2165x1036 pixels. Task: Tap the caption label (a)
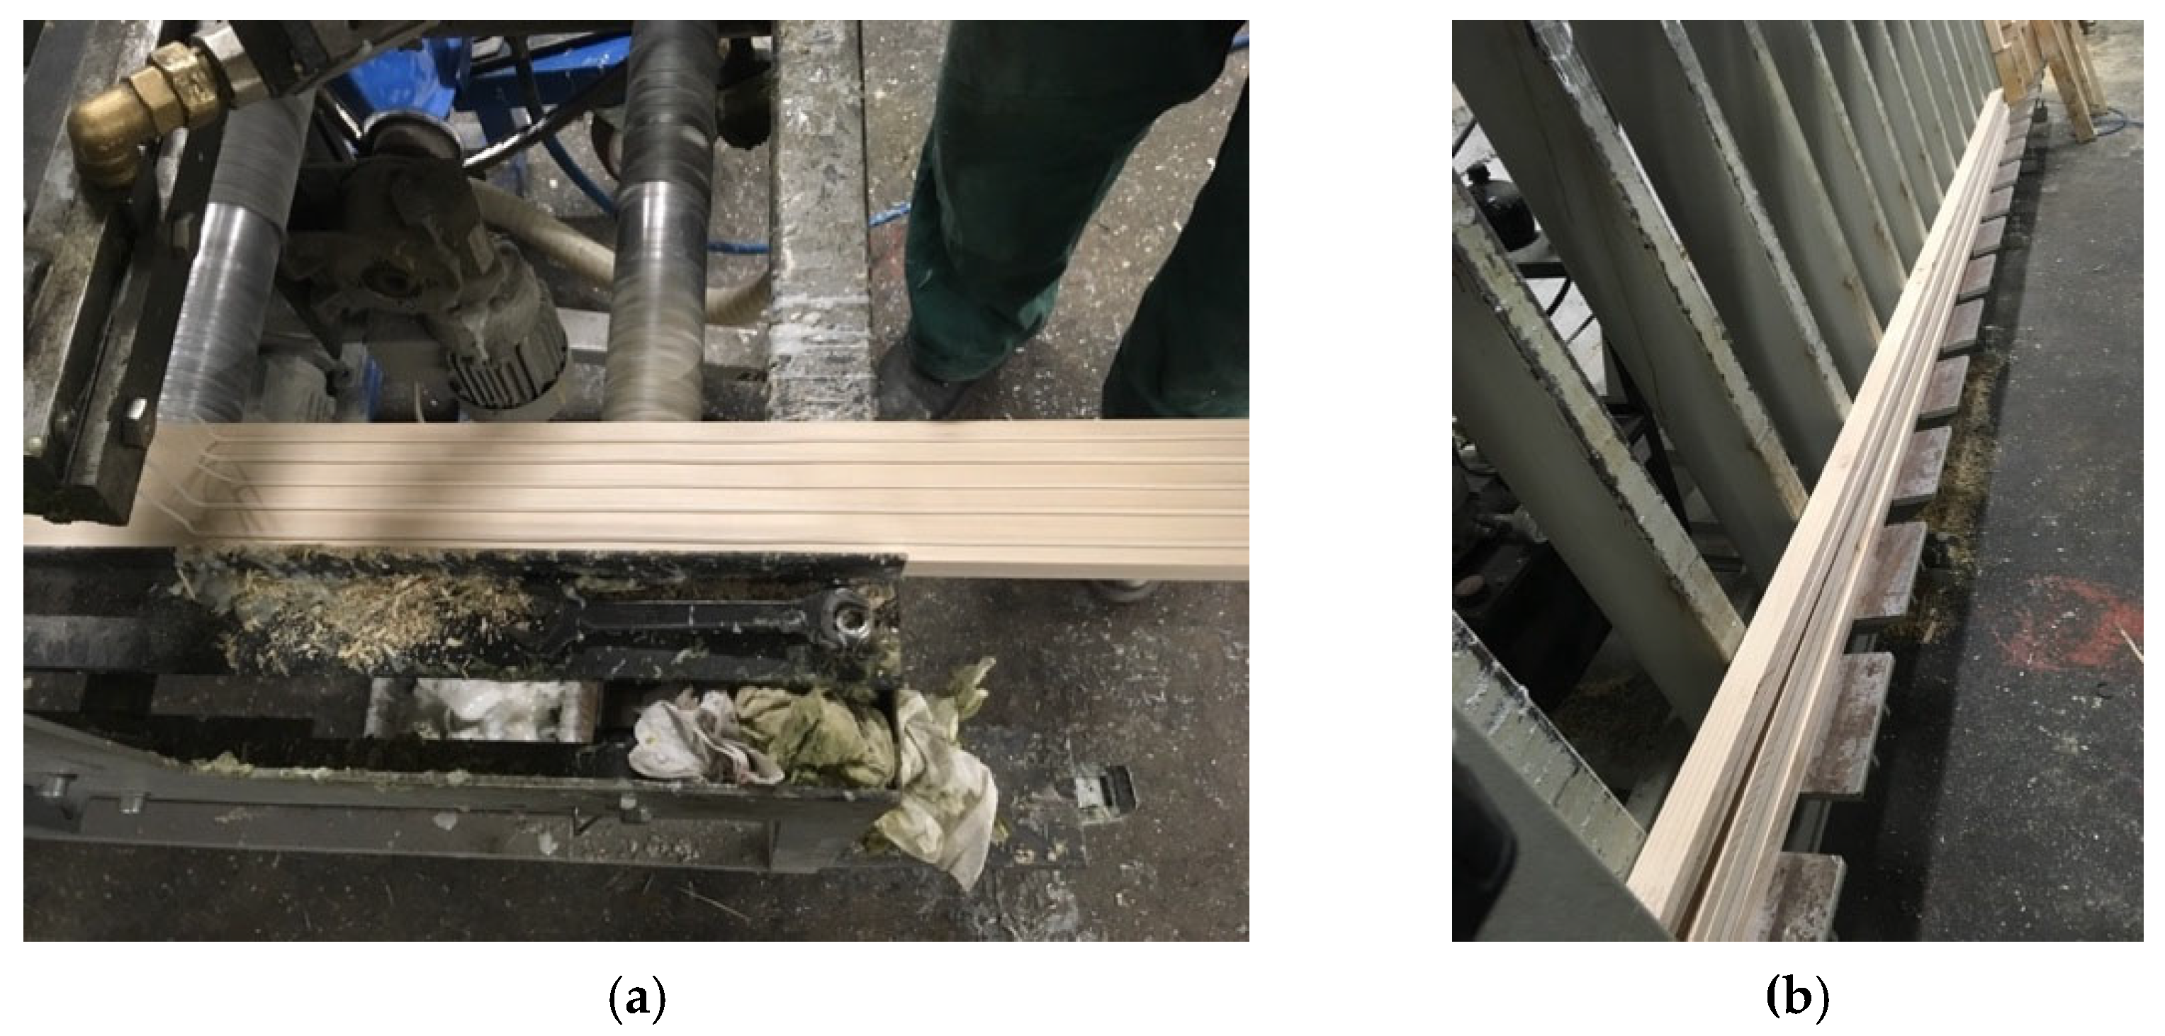[636, 999]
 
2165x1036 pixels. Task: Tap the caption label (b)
[1798, 999]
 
